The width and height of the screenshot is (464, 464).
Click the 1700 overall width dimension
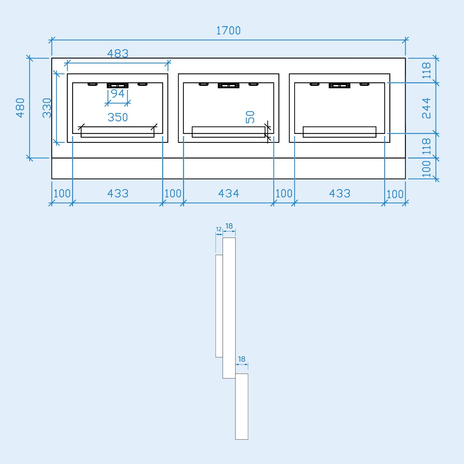228,30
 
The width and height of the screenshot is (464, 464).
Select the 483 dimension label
118,53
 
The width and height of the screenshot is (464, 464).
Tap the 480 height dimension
20,108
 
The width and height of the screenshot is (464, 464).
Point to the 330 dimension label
47,108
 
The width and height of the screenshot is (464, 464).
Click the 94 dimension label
118,94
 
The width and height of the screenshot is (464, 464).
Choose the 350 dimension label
118,117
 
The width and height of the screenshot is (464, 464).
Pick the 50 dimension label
250,117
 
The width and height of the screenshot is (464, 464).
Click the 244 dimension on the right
426,108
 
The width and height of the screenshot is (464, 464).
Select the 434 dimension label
229,193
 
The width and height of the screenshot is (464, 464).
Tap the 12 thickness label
219,229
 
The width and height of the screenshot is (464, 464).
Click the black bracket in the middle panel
229,86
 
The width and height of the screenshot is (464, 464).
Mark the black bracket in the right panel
339,86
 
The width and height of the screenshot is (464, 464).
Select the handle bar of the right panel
339,132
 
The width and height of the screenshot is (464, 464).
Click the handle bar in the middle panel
229,132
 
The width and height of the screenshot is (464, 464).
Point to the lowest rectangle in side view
242,406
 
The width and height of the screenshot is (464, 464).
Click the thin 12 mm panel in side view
219,306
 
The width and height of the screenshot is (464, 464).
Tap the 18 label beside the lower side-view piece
242,359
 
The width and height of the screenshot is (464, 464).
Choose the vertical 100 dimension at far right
426,168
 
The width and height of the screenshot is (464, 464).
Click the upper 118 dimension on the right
426,70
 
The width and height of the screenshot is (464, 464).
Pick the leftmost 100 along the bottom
62,193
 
